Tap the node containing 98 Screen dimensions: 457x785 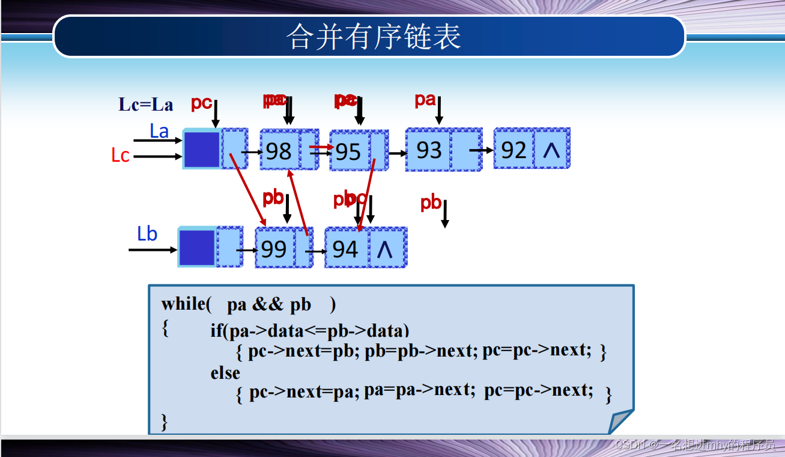click(279, 151)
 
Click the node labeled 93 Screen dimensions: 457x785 click(428, 150)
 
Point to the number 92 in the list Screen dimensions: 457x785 click(514, 150)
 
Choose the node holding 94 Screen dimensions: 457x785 click(345, 249)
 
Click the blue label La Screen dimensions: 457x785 click(159, 131)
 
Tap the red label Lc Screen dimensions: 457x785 click(120, 156)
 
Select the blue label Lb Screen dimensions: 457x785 click(147, 234)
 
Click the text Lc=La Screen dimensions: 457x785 click(146, 105)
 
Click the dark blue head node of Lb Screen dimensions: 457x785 click(196, 247)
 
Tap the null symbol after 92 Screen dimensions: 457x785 click(551, 150)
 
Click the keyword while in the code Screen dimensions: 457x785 click(183, 304)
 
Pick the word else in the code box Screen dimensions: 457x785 click(225, 373)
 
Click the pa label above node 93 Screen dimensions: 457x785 click(425, 100)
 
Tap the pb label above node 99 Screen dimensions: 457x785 click(273, 198)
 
